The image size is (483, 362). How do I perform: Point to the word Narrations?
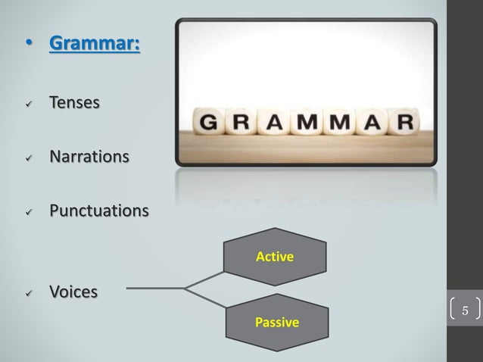[89, 158]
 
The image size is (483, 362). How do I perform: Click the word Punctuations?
[98, 211]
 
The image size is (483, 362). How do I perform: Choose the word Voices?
[73, 291]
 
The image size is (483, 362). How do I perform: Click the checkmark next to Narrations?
[27, 158]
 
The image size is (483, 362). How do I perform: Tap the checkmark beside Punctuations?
[27, 211]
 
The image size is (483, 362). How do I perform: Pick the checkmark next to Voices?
[27, 292]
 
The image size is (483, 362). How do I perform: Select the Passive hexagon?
[276, 323]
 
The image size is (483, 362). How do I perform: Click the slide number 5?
[466, 311]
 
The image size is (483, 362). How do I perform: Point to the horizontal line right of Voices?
[155, 289]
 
